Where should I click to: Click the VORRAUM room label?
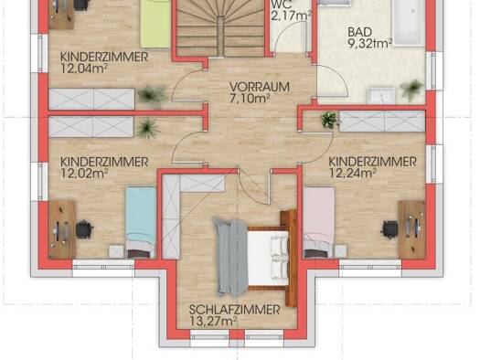point(260,87)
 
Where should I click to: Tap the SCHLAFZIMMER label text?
point(234,310)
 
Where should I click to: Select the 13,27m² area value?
point(213,322)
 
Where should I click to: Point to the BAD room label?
point(360,32)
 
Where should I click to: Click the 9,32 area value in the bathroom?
point(360,44)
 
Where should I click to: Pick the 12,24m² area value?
point(353,174)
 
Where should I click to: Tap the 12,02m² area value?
point(84,174)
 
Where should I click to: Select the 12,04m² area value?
point(84,69)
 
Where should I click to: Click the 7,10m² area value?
point(250,99)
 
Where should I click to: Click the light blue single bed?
point(141,222)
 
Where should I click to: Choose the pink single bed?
point(319,222)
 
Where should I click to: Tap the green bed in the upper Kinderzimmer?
point(155,24)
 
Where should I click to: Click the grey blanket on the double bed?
point(231,257)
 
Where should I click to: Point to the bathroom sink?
point(381,95)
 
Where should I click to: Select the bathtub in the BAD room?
point(409,23)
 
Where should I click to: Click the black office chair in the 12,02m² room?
point(84,229)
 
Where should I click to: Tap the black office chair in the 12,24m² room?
point(389,228)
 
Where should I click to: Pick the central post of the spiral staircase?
point(221,37)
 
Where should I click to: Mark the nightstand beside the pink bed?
point(340,251)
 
